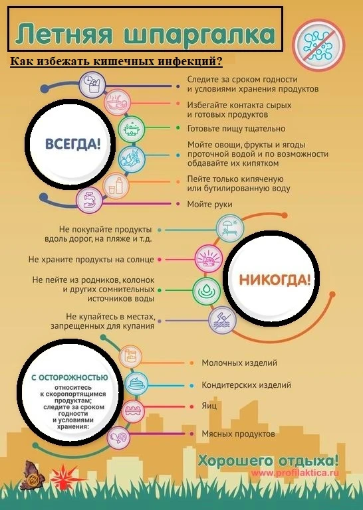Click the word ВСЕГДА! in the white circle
72,143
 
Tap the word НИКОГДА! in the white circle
275,280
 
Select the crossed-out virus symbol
318,45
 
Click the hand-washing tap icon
89,201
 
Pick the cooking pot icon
131,129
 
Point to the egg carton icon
132,410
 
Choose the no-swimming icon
222,320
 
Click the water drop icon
206,290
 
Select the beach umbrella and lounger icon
230,228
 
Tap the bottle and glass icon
116,186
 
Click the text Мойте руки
209,205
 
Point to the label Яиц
209,406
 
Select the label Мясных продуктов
238,434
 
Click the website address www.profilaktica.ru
295,473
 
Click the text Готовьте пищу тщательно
237,129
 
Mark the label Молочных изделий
239,363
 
